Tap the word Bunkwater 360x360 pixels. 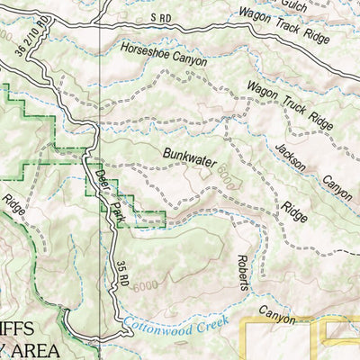(191, 155)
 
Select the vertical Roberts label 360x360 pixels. (243, 266)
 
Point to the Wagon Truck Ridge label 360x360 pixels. (281, 102)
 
